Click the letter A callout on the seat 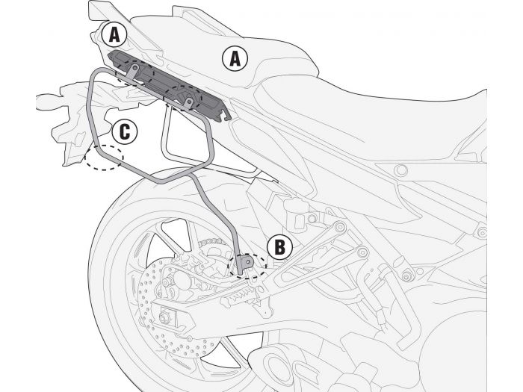(235, 58)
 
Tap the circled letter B (279, 247)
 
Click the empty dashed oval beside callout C (104, 156)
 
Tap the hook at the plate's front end (224, 111)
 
